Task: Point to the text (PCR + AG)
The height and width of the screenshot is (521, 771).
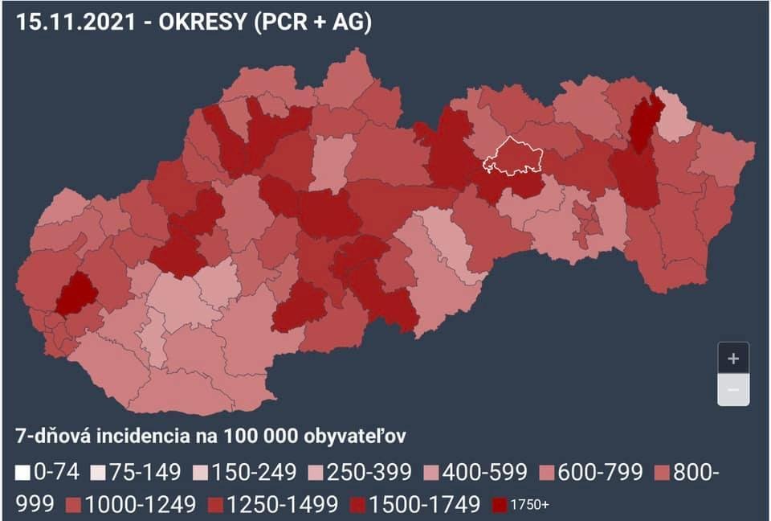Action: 312,23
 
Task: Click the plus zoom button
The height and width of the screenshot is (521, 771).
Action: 732,359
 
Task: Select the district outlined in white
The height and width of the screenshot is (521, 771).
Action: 514,157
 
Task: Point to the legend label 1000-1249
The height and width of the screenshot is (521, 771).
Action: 141,504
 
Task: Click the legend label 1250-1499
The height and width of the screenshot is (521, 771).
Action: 283,504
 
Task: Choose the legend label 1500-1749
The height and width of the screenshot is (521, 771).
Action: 425,504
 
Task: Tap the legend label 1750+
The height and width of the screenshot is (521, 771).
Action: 530,505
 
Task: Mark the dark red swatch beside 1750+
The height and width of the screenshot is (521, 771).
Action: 500,505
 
